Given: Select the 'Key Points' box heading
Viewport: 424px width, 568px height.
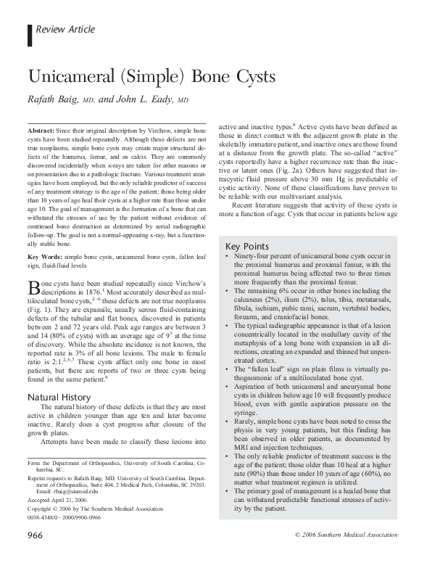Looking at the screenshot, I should click(x=249, y=246).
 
